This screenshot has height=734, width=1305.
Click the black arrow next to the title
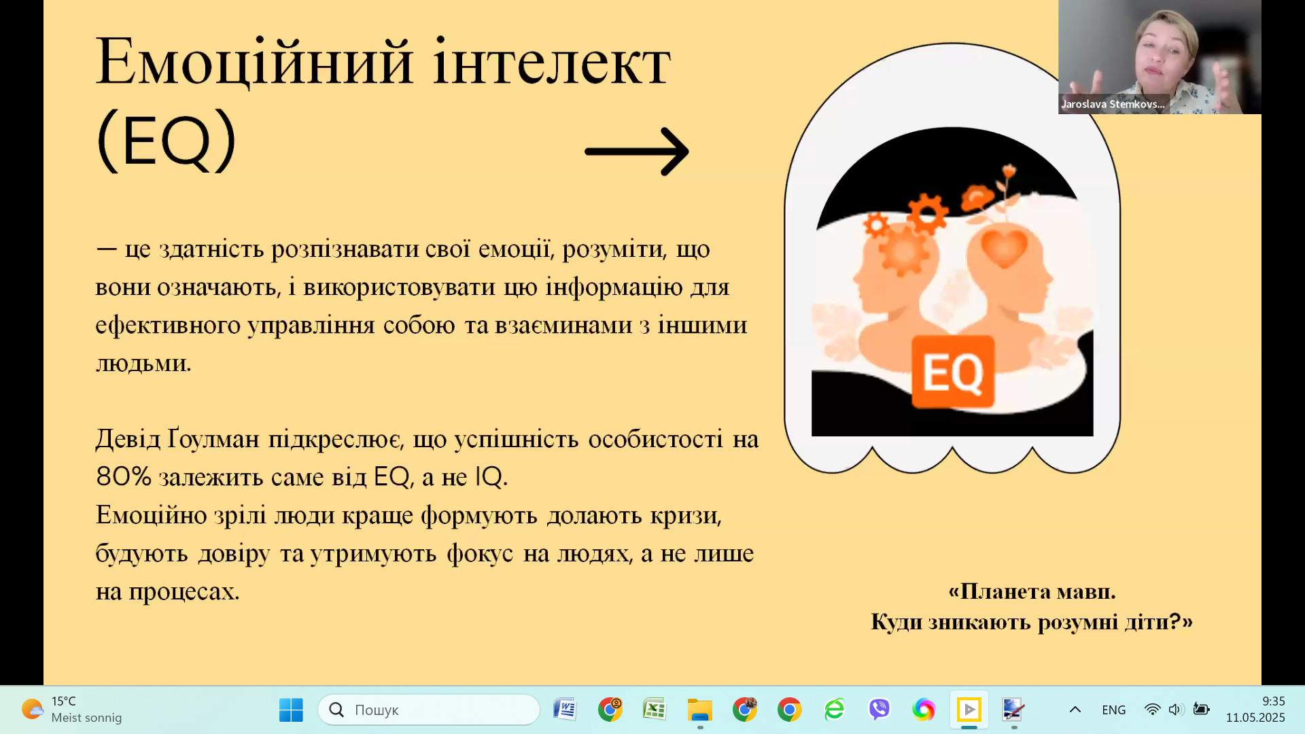637,151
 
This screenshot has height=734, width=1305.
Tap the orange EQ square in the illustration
953,371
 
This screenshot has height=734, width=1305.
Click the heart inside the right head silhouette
1005,247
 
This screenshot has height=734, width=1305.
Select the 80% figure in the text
124,477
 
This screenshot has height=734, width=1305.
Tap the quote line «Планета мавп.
1032,591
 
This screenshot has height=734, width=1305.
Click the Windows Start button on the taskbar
291,710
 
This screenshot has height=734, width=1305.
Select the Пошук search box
429,710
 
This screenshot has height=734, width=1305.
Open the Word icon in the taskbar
564,710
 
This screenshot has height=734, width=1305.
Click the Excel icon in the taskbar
654,710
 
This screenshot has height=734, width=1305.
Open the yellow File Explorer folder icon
699,710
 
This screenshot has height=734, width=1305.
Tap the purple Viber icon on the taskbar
879,710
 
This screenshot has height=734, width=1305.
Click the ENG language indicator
1113,710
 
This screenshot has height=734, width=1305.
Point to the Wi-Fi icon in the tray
1152,710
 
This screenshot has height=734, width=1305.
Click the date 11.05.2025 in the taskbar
1255,718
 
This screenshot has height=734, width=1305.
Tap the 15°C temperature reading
64,701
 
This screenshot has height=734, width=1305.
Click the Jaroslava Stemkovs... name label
1113,104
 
